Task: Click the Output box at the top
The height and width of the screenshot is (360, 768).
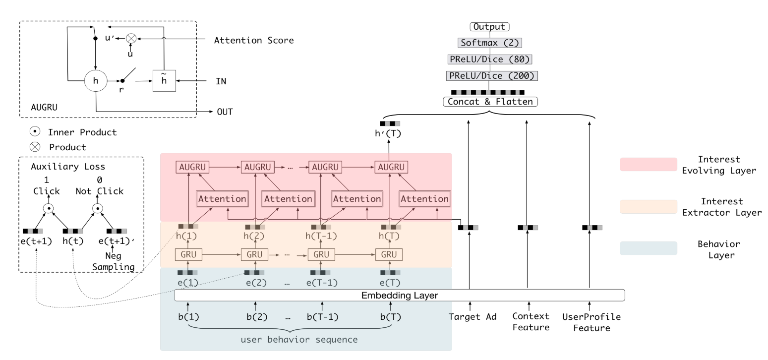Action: coord(489,27)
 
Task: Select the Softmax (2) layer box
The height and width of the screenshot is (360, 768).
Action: coord(489,43)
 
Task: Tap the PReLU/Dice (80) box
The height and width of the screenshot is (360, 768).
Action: coord(489,60)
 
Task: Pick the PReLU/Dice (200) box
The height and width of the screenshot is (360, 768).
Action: coord(492,76)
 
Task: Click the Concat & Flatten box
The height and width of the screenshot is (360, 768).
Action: coord(490,102)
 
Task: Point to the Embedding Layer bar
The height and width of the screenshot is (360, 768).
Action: coord(400,295)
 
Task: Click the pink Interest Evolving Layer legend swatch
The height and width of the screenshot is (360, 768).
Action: coord(649,164)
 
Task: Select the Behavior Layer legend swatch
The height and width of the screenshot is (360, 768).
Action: coord(649,248)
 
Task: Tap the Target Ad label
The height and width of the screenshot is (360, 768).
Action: coord(473,317)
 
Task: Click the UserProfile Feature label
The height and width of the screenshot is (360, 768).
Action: coord(591,322)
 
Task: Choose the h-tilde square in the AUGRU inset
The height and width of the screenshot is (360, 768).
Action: coord(164,81)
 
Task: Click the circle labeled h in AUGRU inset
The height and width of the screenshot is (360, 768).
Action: coord(96,80)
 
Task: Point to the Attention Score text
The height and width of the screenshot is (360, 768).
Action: coord(254,41)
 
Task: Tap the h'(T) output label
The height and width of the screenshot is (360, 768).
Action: coord(388,133)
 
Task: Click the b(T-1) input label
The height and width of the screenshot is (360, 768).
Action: coord(322,317)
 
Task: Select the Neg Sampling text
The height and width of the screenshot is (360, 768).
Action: coord(113,261)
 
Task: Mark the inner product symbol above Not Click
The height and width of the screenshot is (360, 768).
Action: coord(98,208)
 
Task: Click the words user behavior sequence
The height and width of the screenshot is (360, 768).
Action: coord(299,340)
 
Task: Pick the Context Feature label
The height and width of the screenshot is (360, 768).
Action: coord(531,322)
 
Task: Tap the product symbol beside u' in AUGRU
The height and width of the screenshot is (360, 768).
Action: coord(131,38)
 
